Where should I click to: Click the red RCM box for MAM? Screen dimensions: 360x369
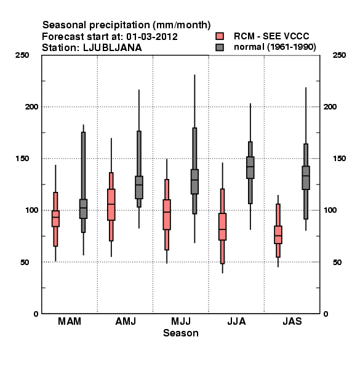pyautogui.click(x=55, y=218)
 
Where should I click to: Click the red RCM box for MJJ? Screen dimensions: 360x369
pyautogui.click(x=167, y=215)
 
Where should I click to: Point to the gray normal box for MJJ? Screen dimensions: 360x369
pyautogui.click(x=194, y=181)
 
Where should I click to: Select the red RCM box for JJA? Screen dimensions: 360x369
pyautogui.click(x=223, y=226)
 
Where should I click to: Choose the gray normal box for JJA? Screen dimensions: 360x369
pyautogui.click(x=250, y=167)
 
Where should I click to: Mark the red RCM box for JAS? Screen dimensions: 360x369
pyautogui.click(x=278, y=235)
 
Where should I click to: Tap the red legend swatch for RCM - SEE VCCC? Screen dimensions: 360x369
pyautogui.click(x=220, y=36)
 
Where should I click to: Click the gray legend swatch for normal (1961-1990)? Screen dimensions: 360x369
pyautogui.click(x=220, y=47)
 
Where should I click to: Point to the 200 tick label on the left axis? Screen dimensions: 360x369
pyautogui.click(x=31, y=106)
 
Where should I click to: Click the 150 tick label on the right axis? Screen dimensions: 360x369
pyautogui.click(x=339, y=159)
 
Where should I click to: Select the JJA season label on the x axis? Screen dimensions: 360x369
pyautogui.click(x=236, y=321)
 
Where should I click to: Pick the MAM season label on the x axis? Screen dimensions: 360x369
pyautogui.click(x=70, y=321)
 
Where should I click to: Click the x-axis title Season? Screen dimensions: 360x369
pyautogui.click(x=181, y=333)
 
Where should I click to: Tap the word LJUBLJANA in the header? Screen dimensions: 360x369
pyautogui.click(x=113, y=48)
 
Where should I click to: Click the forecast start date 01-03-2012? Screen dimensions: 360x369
pyautogui.click(x=152, y=37)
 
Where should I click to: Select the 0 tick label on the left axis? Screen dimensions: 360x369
pyautogui.click(x=36, y=314)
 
